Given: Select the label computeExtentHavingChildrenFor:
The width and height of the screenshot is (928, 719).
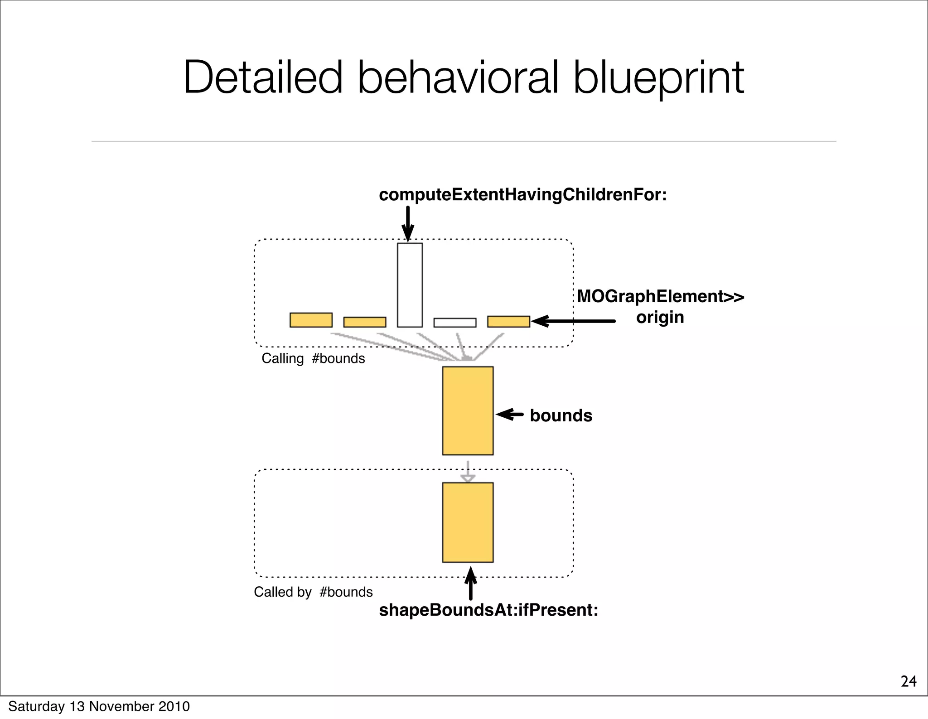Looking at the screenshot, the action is [x=522, y=195].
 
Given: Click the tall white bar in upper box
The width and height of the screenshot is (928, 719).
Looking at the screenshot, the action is [x=410, y=285].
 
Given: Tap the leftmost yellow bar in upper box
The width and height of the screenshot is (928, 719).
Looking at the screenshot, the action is [x=311, y=320].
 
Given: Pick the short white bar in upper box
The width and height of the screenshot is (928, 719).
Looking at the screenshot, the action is [x=454, y=323].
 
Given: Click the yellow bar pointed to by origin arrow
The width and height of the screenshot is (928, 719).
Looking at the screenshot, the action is [x=508, y=322].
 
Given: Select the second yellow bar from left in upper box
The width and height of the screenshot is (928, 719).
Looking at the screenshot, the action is [x=364, y=322].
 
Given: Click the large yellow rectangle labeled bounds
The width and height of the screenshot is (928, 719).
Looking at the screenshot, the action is [x=468, y=410].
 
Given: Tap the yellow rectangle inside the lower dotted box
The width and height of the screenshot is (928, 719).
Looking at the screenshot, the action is [x=468, y=522].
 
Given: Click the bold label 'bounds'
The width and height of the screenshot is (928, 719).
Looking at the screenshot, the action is [x=561, y=415].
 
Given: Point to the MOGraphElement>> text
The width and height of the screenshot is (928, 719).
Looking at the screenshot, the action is [x=660, y=296].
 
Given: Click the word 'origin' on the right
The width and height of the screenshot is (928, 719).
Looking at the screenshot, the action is [x=660, y=317].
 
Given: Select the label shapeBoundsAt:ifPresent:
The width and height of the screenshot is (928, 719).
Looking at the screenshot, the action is [x=488, y=610].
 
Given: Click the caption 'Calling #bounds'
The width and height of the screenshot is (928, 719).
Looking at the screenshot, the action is [x=313, y=358].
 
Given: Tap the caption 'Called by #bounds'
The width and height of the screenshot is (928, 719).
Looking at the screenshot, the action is [x=313, y=592].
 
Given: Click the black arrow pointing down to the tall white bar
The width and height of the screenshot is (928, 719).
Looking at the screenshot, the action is [x=408, y=223].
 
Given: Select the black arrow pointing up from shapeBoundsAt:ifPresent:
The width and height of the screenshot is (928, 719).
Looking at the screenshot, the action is [x=471, y=583].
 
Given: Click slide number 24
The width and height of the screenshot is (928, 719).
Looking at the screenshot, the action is [x=908, y=681].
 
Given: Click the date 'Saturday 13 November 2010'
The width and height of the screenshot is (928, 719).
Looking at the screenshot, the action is [x=99, y=706].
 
